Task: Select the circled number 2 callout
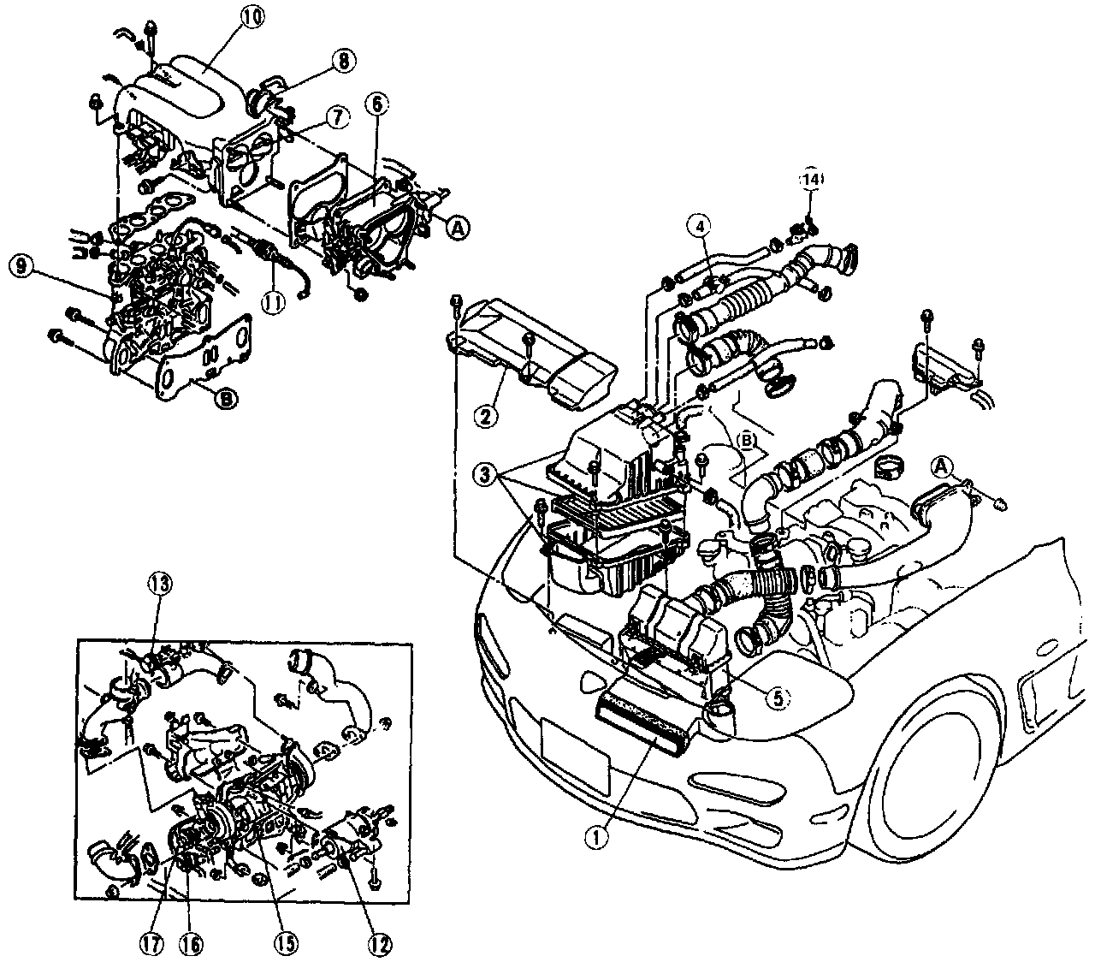pos(485,417)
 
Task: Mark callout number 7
pos(336,118)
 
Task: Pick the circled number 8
pos(341,60)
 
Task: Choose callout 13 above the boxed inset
pos(161,584)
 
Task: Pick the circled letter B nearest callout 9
pos(227,397)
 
